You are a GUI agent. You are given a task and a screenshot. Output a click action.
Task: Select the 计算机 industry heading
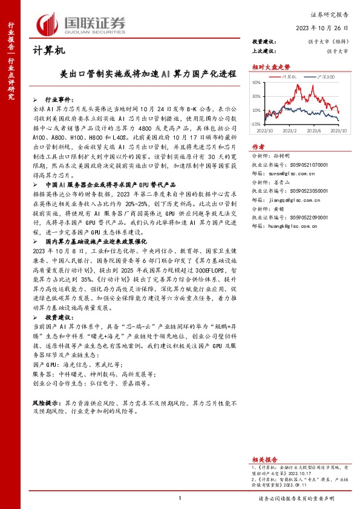[x=48, y=51]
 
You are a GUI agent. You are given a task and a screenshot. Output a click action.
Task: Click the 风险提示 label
[x=44, y=385]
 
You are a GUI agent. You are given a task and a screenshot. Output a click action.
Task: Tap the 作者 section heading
[x=258, y=147]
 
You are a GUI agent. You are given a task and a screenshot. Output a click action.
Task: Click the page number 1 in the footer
[x=180, y=498]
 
